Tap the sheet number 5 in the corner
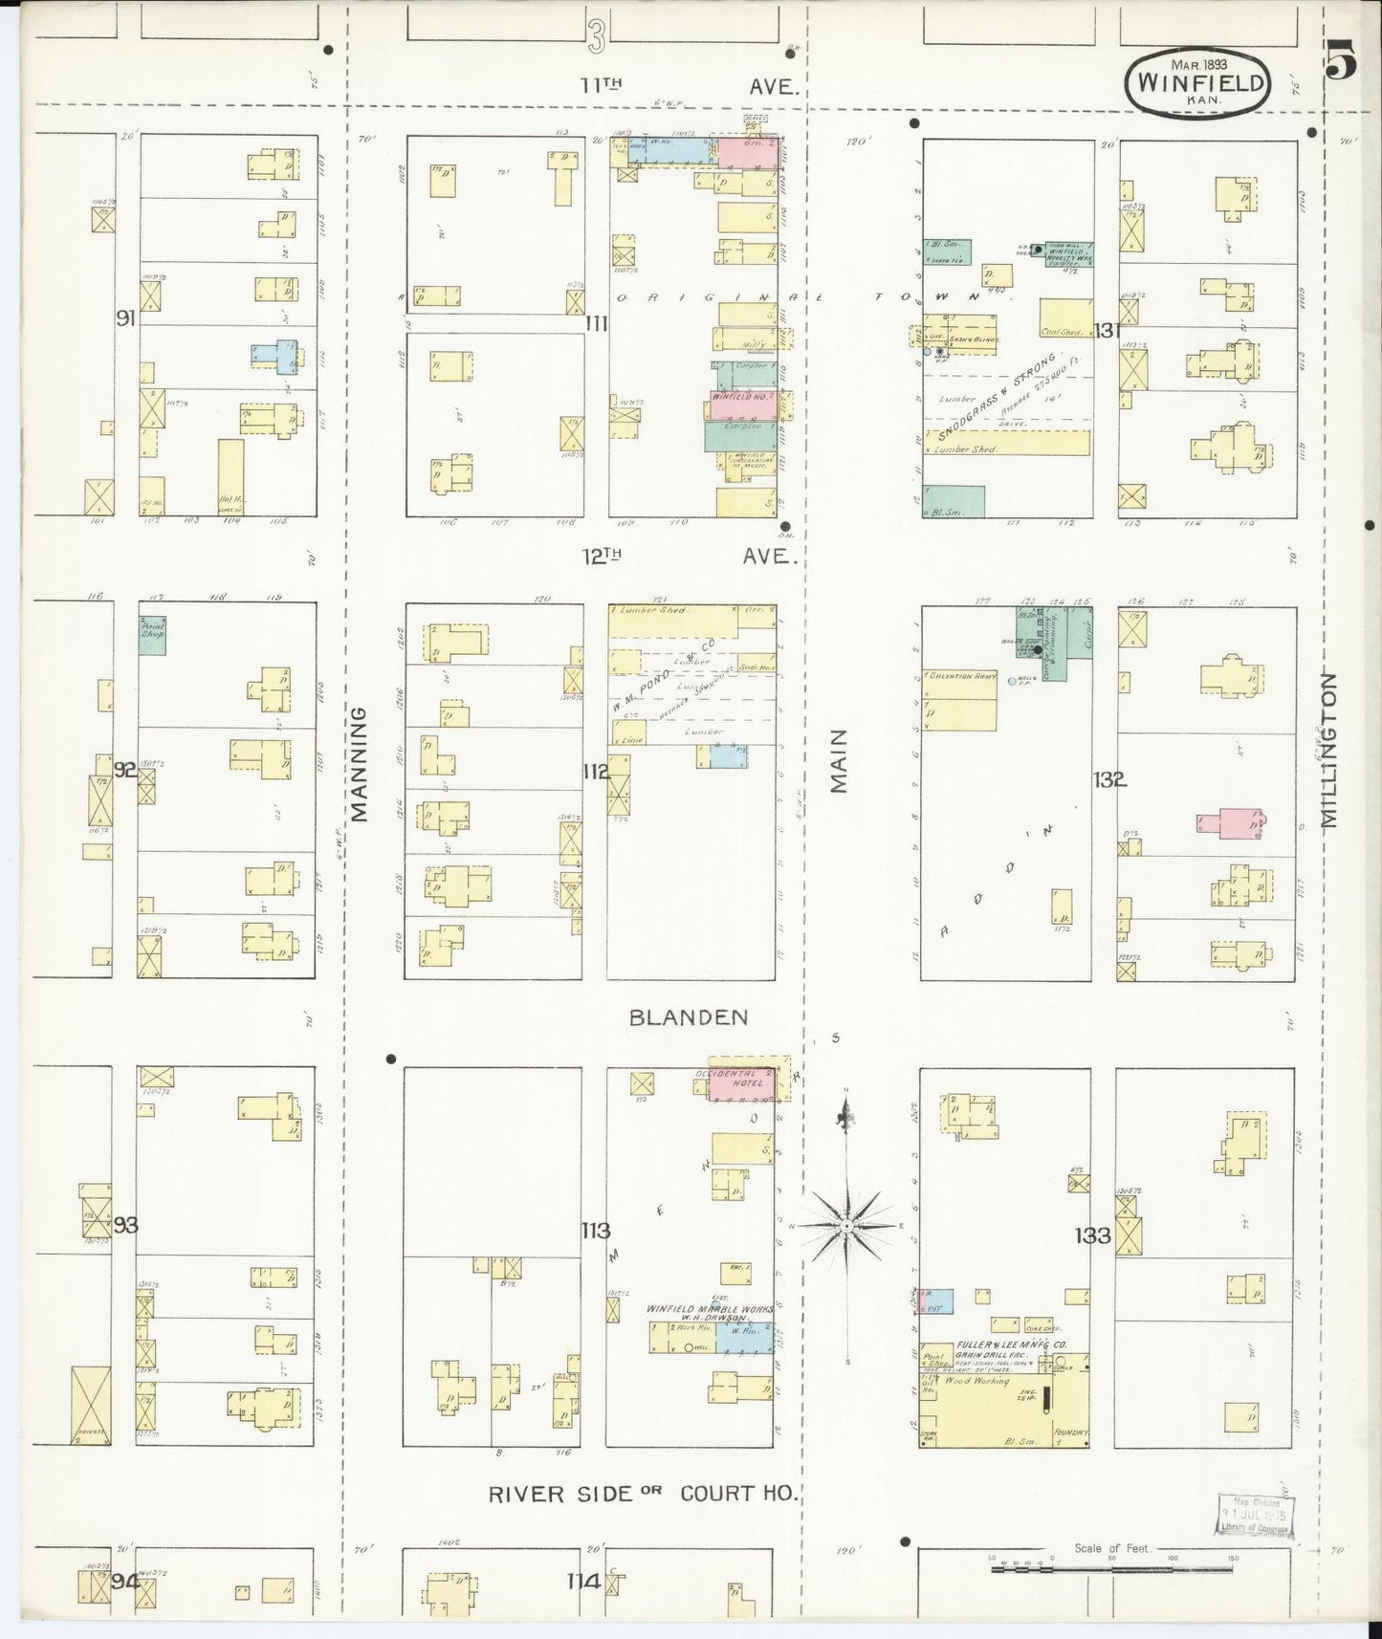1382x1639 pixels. (x=1341, y=65)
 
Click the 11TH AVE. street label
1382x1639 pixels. (x=689, y=85)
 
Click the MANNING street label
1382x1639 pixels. (x=359, y=765)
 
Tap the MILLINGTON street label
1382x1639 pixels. (x=1330, y=750)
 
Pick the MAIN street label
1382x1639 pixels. (x=839, y=761)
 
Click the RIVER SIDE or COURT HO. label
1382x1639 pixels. (x=644, y=1494)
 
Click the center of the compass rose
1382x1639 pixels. (x=847, y=1225)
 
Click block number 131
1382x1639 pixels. (x=1108, y=331)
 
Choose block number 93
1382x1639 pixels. (x=126, y=1224)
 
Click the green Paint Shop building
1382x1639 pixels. (x=152, y=635)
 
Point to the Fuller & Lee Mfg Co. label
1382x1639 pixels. (x=1001, y=1344)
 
